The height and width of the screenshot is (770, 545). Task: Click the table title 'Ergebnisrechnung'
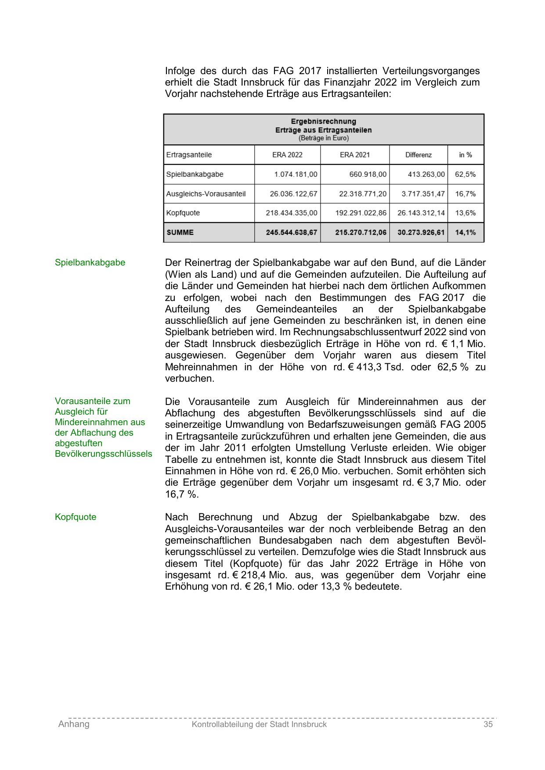[x=323, y=121]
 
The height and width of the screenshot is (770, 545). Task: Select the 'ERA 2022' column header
[x=287, y=155]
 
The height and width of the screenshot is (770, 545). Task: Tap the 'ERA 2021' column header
[x=354, y=155]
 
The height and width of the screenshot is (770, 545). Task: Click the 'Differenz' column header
[x=418, y=155]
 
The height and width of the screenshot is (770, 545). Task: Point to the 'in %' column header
[x=465, y=155]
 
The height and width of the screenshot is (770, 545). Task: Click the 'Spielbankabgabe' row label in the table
[x=195, y=174]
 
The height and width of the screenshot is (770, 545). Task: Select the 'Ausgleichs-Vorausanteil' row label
[x=206, y=193]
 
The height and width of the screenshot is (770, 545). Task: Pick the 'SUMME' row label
[x=180, y=232]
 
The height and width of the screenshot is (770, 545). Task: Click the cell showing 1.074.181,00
[x=296, y=174]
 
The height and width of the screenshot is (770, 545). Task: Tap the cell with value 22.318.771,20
[x=363, y=193]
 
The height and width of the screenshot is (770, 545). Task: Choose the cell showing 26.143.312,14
[x=421, y=213]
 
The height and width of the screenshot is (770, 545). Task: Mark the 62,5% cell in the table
[x=465, y=174]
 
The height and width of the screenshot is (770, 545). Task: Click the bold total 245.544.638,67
[x=291, y=232]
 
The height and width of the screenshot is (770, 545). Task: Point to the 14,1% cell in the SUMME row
[x=465, y=232]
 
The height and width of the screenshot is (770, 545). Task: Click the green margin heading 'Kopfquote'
[x=76, y=517]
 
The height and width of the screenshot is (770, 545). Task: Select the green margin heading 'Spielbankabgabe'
[x=90, y=262]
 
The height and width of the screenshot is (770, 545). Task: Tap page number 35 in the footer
[x=488, y=724]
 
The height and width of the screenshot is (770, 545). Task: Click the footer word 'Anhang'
[x=74, y=724]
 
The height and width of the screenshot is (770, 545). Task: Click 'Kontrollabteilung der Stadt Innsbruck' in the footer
[x=259, y=724]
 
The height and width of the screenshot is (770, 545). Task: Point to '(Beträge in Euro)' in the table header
[x=323, y=138]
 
